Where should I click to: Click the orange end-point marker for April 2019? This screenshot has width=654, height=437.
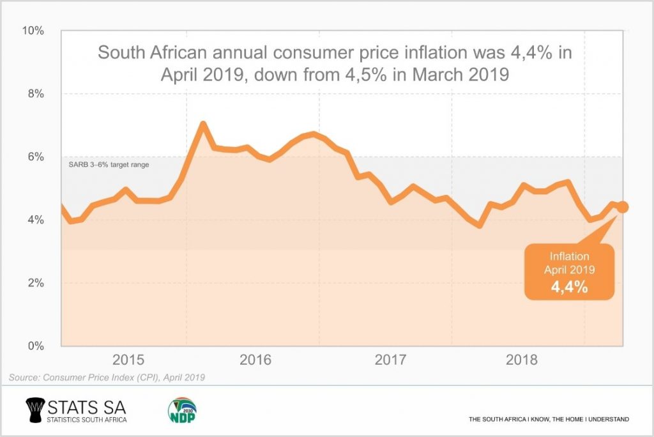[623, 207]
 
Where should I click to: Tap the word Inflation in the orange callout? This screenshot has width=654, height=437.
[569, 256]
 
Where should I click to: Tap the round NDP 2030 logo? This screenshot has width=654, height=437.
[182, 410]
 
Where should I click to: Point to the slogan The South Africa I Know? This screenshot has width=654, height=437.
[549, 419]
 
